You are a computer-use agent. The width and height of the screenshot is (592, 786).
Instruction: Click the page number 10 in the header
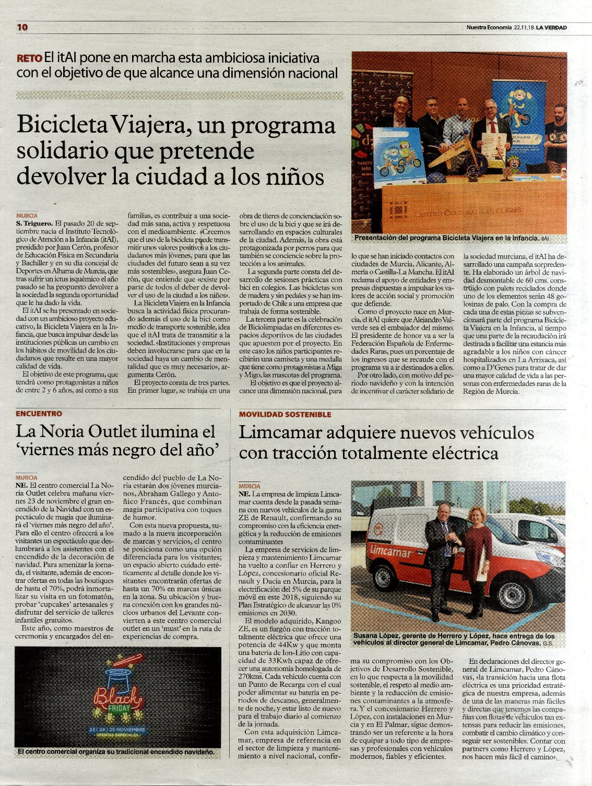22,28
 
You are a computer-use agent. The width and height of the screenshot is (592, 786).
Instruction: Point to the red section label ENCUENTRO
39,414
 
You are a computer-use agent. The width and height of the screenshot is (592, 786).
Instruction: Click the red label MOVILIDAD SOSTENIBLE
285,414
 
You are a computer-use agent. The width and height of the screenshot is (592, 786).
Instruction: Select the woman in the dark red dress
477,564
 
